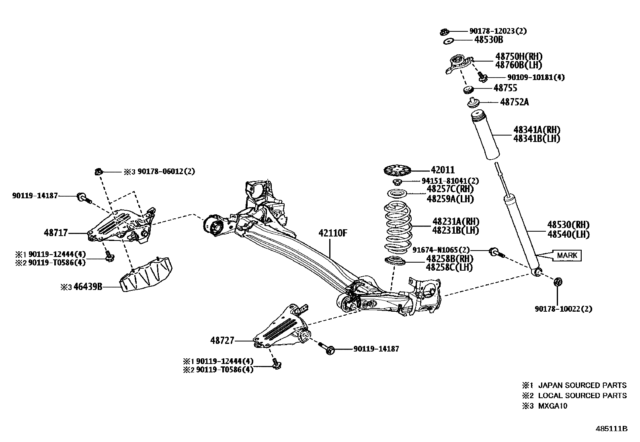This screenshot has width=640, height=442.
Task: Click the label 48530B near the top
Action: pyautogui.click(x=488, y=40)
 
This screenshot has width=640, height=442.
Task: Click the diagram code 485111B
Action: pyautogui.click(x=611, y=428)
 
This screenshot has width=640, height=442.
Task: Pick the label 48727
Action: pyautogui.click(x=222, y=341)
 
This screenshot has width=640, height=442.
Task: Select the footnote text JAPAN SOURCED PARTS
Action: pyautogui.click(x=582, y=385)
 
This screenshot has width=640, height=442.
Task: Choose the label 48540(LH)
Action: pyautogui.click(x=568, y=234)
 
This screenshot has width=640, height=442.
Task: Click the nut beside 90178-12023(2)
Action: pyautogui.click(x=445, y=31)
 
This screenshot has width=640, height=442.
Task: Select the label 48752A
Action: pyautogui.click(x=514, y=102)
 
